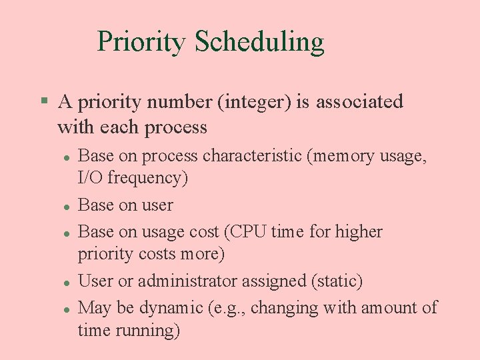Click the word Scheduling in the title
259,42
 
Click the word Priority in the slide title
141,42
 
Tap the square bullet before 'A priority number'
44,101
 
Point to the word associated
359,102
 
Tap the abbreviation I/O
91,178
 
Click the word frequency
147,179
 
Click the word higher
359,232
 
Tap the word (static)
337,281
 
